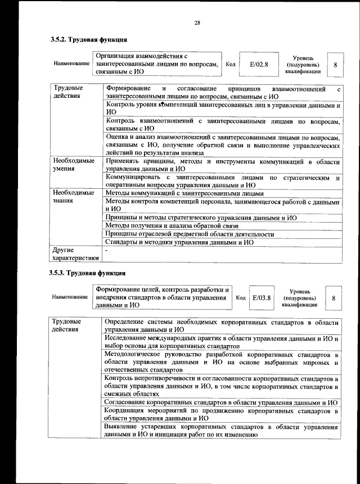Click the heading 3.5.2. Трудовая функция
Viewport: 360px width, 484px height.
pyautogui.click(x=88, y=40)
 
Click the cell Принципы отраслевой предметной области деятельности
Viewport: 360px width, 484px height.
pyautogui.click(x=190, y=234)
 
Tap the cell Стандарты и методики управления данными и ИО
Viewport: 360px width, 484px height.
pyautogui.click(x=179, y=242)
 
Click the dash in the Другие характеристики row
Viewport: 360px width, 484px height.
pyautogui.click(x=107, y=249)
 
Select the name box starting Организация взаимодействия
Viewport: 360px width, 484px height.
pyautogui.click(x=156, y=64)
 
